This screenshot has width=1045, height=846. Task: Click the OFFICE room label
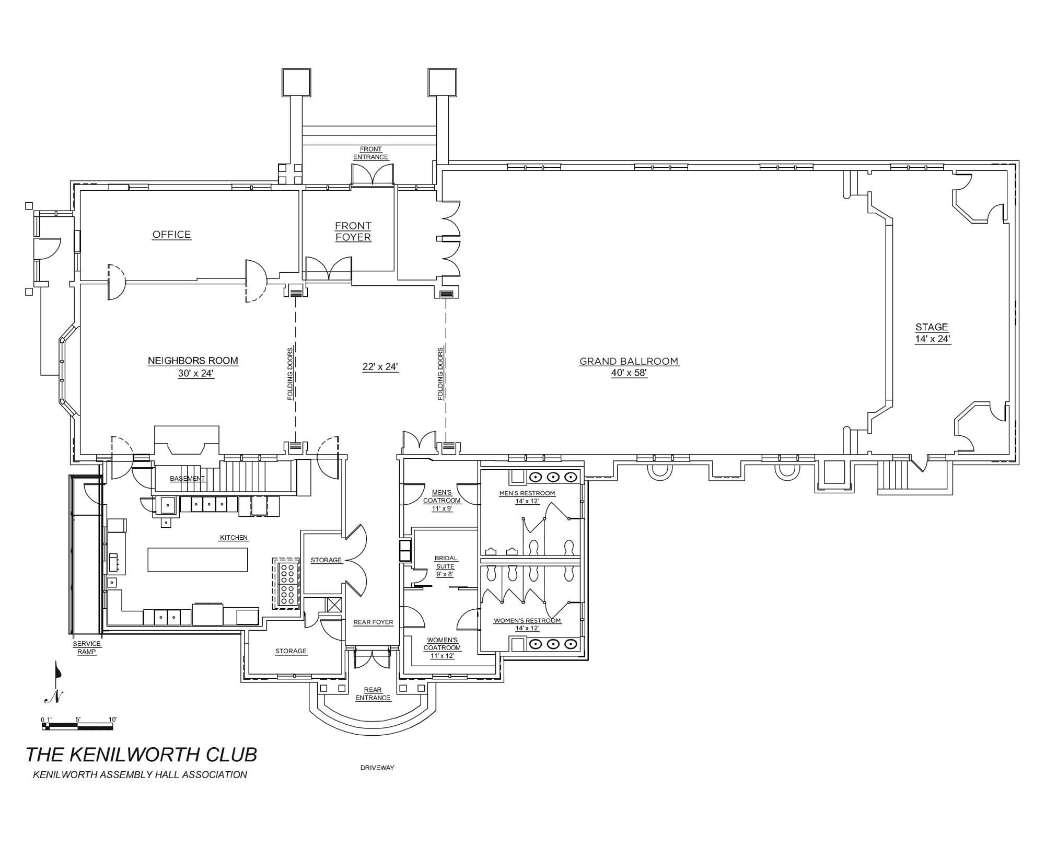[x=171, y=235]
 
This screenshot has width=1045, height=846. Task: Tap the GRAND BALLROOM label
[x=629, y=361]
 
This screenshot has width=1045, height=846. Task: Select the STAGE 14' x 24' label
[x=932, y=333]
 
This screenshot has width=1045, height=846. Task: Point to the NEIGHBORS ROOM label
[x=193, y=361]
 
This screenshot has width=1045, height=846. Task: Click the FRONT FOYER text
[x=353, y=231]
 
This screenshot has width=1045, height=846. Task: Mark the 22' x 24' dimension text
[x=380, y=367]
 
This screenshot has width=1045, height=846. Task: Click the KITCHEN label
[x=234, y=538]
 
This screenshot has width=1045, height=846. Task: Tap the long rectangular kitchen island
[x=198, y=560]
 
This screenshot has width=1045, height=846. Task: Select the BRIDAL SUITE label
[x=446, y=562]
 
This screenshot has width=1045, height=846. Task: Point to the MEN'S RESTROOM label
[x=527, y=493]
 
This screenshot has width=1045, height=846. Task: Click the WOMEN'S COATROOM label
[x=442, y=644]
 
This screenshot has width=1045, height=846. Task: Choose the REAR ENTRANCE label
[x=373, y=694]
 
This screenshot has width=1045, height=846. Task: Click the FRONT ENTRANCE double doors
[x=372, y=175]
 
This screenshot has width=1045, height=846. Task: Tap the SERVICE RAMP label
[x=87, y=648]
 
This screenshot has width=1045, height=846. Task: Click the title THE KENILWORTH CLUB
[x=141, y=755]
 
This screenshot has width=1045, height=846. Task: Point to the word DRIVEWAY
[x=377, y=768]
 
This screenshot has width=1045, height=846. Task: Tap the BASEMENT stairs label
[x=187, y=479]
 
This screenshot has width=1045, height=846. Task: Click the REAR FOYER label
[x=373, y=622]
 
